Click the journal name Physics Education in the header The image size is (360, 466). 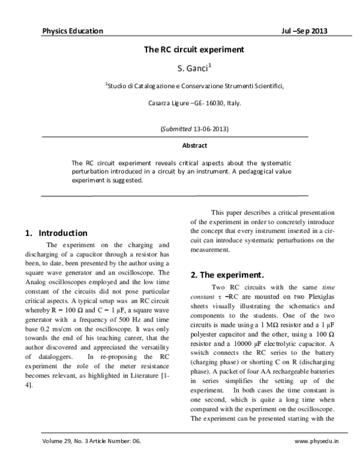[73, 31]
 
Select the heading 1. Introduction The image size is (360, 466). [57, 233]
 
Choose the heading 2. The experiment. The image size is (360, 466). [227, 275]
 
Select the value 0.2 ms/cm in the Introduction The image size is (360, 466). [59, 330]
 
